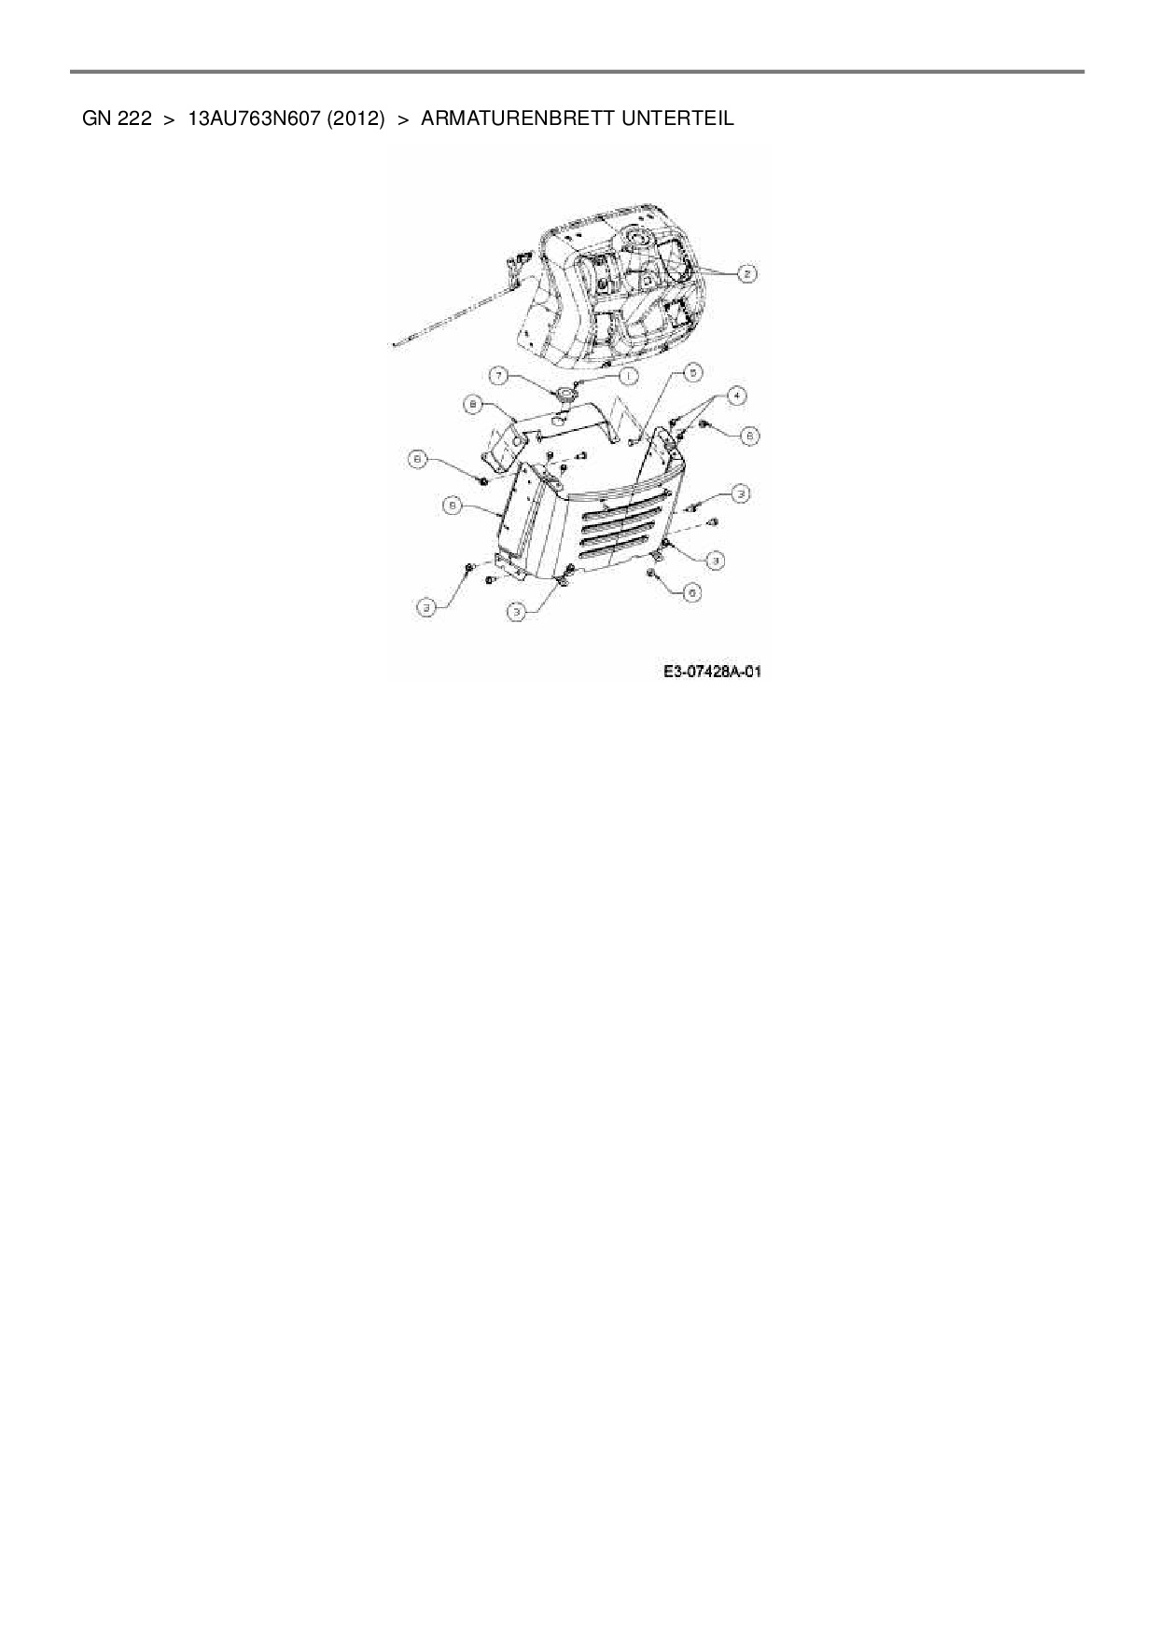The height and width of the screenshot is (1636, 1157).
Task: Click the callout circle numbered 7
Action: pos(500,376)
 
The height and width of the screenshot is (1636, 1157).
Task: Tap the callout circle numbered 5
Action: pos(690,372)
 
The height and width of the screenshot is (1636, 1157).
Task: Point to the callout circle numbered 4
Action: pos(737,395)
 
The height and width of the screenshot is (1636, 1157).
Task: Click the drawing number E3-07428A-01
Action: pos(713,671)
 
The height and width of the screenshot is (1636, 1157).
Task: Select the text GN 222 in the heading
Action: pos(117,119)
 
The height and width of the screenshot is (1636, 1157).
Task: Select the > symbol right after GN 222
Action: pos(169,119)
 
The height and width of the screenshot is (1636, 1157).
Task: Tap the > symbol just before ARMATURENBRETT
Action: pos(403,119)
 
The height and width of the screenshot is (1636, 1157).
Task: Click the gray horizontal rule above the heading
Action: pos(577,71)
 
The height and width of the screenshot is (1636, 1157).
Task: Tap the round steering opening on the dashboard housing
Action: pos(642,239)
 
